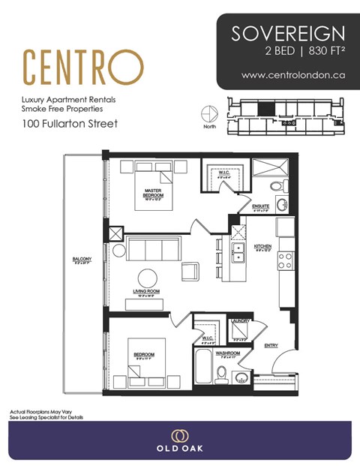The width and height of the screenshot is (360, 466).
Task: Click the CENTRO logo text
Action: tap(82, 68)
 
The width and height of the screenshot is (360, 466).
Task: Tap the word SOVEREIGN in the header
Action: tap(288, 33)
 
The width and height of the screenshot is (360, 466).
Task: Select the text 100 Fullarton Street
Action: tap(69, 122)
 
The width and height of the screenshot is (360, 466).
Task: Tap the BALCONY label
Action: tap(82, 259)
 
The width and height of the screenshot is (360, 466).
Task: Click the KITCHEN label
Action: tap(262, 246)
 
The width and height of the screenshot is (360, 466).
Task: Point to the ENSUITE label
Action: tap(261, 206)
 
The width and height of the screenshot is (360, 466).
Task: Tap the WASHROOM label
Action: tap(227, 352)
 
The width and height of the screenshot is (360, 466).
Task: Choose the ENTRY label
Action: tap(271, 344)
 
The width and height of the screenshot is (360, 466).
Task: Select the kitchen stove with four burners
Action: tap(285, 260)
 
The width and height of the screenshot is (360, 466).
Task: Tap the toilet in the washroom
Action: tap(221, 373)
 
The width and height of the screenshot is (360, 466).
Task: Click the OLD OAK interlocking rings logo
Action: tap(179, 437)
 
